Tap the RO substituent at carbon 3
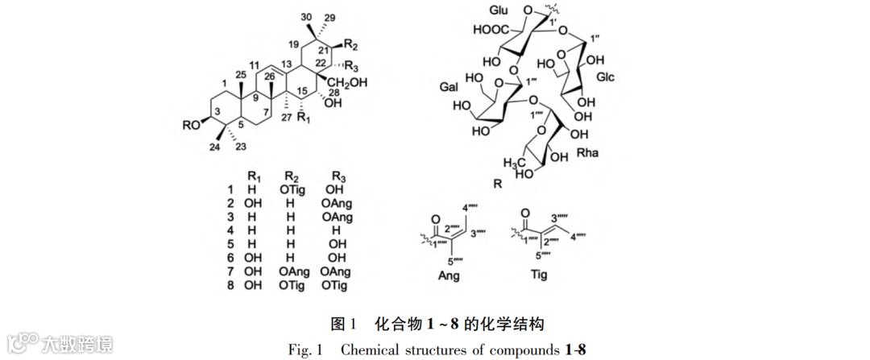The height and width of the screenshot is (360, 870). [x=192, y=125]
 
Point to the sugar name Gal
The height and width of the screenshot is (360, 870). [x=449, y=86]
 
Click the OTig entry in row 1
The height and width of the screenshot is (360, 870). [x=294, y=189]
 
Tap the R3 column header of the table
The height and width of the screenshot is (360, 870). [x=329, y=176]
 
